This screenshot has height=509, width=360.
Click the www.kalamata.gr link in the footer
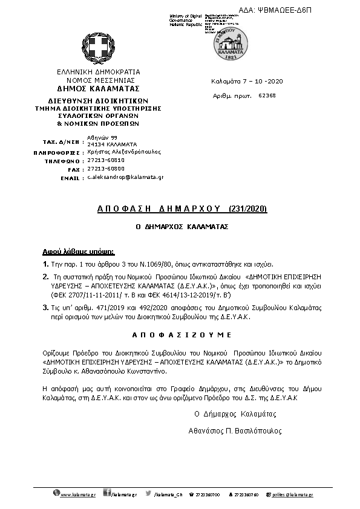pyautogui.click(x=78, y=494)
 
